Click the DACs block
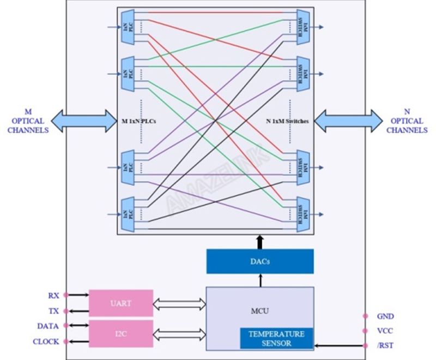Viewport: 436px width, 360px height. pyautogui.click(x=260, y=261)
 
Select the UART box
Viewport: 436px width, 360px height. pyautogui.click(x=120, y=303)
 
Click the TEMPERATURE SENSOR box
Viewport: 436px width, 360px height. pyautogui.click(x=276, y=338)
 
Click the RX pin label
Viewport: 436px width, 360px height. pyautogui.click(x=53, y=295)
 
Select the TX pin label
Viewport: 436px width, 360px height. pyautogui.click(x=53, y=311)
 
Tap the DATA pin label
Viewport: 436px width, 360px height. pyautogui.click(x=48, y=326)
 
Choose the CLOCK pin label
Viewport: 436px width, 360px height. pyautogui.click(x=46, y=342)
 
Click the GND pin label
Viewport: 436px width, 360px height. pyautogui.click(x=385, y=316)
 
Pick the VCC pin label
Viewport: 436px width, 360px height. pyautogui.click(x=385, y=331)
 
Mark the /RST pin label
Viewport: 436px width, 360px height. pyautogui.click(x=385, y=345)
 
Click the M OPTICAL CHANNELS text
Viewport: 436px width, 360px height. pyautogui.click(x=28, y=121)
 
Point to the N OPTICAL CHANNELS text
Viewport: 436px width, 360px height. pyautogui.click(x=407, y=121)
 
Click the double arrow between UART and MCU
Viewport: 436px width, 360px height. pyautogui.click(x=179, y=303)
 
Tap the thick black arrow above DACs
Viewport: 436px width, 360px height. pyautogui.click(x=260, y=242)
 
